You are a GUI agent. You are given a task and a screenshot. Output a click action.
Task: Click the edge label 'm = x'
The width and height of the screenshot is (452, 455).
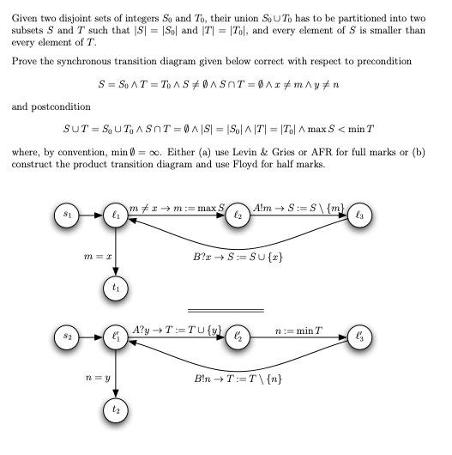point(97,256)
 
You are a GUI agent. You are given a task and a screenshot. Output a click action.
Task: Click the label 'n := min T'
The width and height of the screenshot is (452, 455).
point(298,330)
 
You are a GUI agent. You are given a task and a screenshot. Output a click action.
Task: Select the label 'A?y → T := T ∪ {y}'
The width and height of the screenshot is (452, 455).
point(178,330)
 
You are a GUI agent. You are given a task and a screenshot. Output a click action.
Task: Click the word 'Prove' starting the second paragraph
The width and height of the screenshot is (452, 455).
point(26,61)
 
